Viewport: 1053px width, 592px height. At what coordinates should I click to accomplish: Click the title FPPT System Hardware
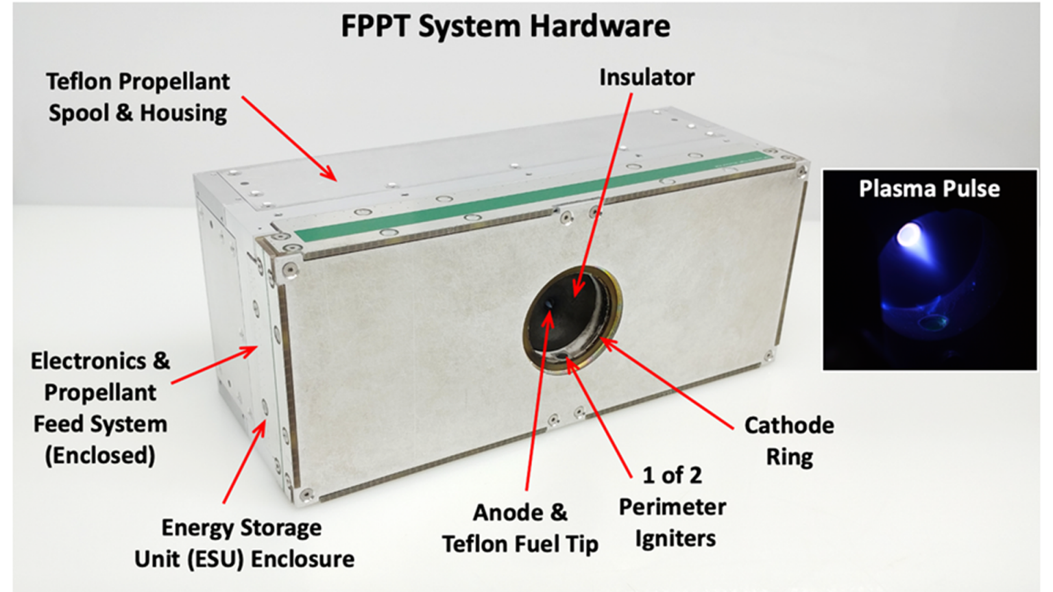point(505,26)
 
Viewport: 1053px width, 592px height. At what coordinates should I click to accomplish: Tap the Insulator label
point(647,77)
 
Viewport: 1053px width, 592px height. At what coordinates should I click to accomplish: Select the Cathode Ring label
point(789,441)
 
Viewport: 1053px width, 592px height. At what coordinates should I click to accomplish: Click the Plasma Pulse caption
point(930,188)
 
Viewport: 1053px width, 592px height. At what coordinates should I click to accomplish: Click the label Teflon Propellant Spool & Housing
point(138,97)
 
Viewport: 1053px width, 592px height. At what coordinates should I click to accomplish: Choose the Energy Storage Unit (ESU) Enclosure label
point(244,543)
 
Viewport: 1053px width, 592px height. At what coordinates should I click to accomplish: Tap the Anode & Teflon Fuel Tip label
point(520,528)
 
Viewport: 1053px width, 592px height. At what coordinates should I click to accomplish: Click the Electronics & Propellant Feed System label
point(100,408)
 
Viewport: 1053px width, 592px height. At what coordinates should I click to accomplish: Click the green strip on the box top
point(531,193)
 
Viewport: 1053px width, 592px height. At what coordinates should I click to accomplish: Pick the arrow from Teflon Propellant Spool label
point(289,138)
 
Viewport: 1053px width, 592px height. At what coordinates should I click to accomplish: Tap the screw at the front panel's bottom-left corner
point(307,494)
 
